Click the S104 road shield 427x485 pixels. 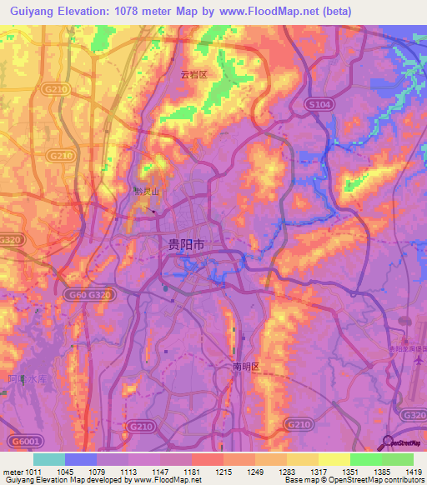(319, 105)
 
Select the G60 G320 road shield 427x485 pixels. (86, 294)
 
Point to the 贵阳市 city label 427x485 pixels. (186, 245)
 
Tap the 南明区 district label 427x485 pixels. (247, 367)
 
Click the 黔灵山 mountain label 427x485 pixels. (146, 192)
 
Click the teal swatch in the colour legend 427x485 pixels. (49, 459)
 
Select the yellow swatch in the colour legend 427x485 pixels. (334, 459)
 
